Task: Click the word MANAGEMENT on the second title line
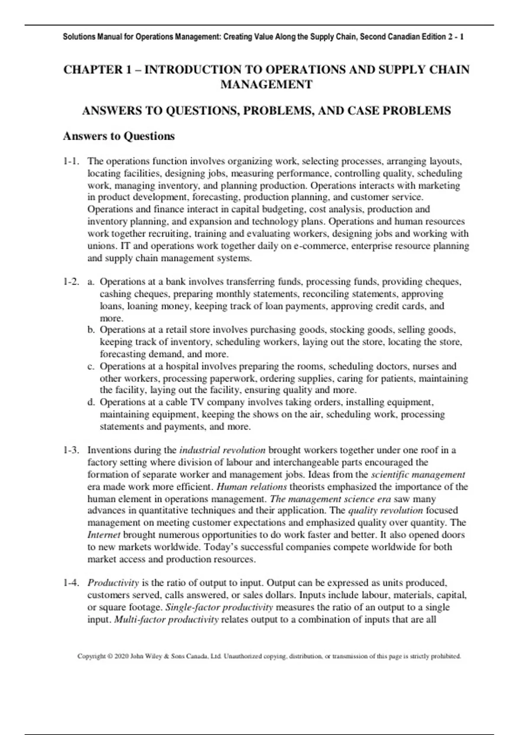click(266, 85)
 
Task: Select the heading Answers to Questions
click(119, 136)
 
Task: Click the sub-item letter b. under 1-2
click(91, 330)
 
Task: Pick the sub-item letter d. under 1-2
click(91, 403)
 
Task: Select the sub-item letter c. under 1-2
click(91, 367)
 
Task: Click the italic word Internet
click(104, 535)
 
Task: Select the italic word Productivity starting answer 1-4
click(113, 583)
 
